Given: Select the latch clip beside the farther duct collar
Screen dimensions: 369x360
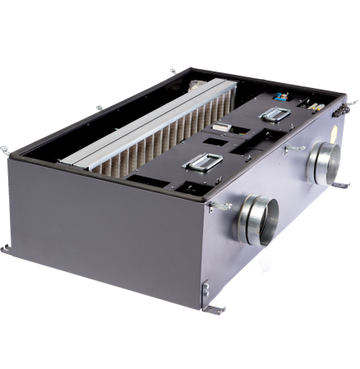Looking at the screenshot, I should click(292, 149).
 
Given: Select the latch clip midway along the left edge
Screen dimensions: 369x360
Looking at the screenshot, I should click(99, 106).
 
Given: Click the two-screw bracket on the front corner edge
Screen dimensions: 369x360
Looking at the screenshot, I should click(205, 288).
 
